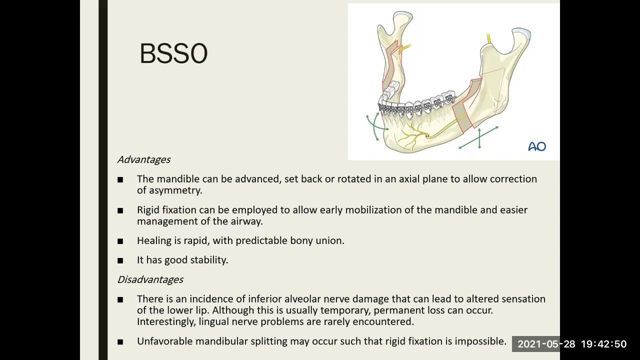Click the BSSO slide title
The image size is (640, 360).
click(173, 53)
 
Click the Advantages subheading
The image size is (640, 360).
click(143, 159)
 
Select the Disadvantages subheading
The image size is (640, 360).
click(150, 279)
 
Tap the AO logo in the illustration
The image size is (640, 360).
click(537, 146)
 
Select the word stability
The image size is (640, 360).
click(208, 260)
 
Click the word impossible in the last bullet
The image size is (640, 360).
click(481, 341)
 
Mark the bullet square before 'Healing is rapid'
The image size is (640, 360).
click(120, 241)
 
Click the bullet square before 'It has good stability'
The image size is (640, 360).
click(120, 260)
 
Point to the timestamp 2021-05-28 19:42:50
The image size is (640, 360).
click(571, 344)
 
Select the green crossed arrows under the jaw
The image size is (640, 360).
click(479, 138)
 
